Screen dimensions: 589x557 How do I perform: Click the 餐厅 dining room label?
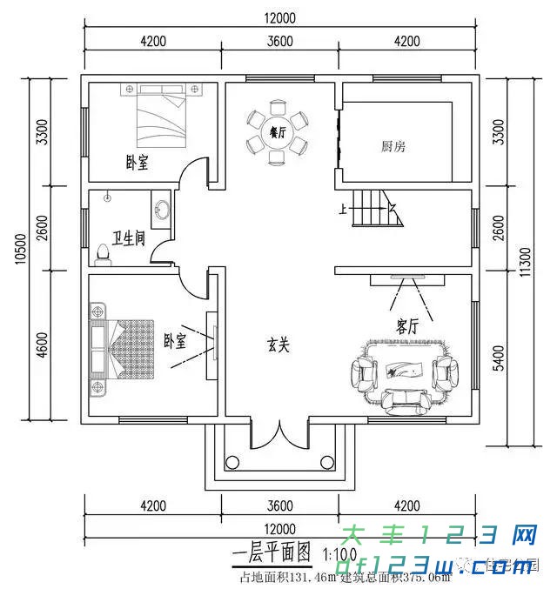[278, 133]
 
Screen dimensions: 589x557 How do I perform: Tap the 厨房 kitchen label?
[393, 146]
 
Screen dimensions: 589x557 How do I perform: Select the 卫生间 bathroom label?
[128, 236]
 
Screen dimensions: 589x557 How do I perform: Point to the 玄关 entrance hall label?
[278, 344]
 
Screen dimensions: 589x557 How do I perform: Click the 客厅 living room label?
[407, 326]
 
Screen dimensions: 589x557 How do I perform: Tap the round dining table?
[278, 133]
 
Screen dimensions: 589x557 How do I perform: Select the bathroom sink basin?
[161, 210]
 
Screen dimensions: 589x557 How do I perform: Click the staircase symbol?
[376, 209]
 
